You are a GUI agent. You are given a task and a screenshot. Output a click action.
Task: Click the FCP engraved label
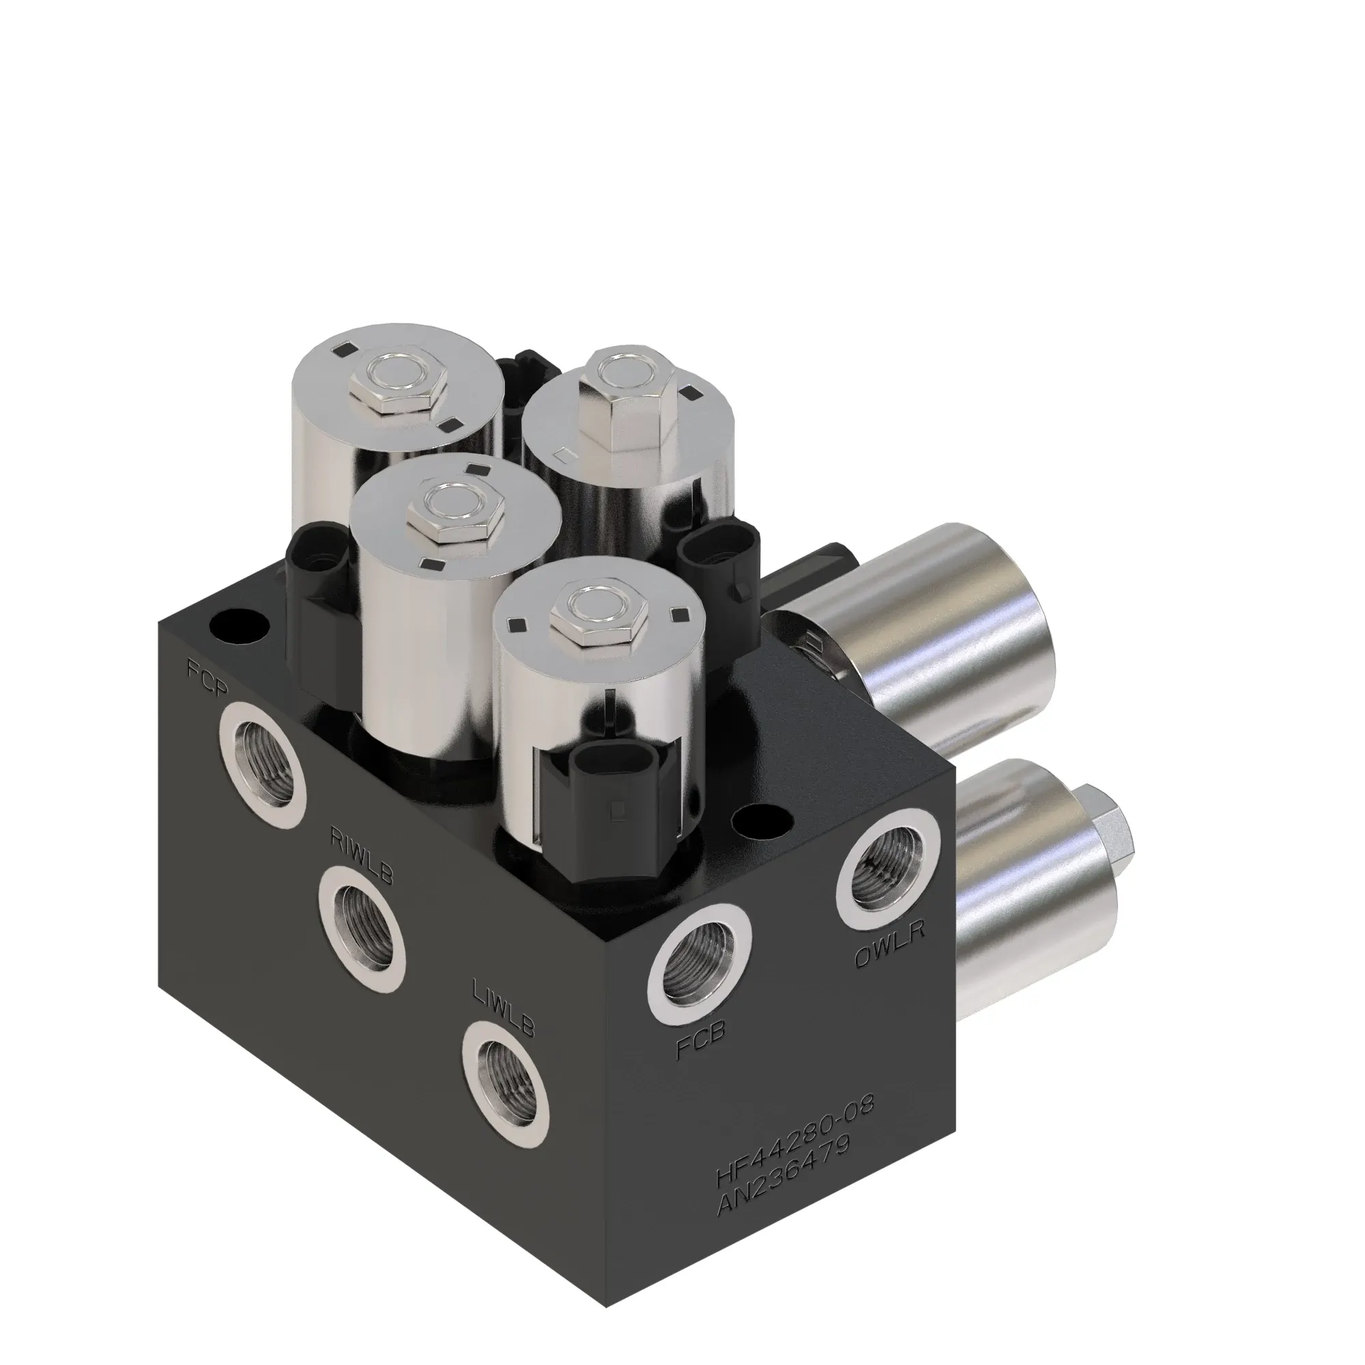click(x=206, y=678)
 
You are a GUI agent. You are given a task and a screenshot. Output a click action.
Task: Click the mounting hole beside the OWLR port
click(x=766, y=822)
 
